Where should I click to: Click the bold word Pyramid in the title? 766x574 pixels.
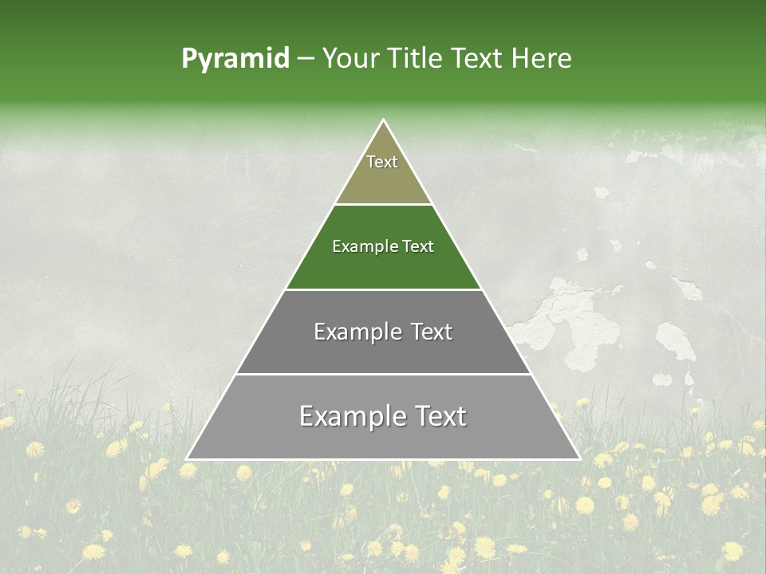click(235, 59)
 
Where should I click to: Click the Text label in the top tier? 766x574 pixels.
click(382, 162)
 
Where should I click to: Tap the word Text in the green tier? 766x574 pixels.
click(419, 247)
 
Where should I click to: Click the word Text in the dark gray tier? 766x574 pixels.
click(432, 332)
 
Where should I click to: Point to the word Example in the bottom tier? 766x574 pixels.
click(346, 416)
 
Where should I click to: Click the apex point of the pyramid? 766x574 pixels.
click(384, 120)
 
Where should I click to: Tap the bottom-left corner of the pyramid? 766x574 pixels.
click(188, 458)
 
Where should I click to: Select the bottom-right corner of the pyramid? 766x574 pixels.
click(579, 458)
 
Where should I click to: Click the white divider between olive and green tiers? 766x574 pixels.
click(384, 204)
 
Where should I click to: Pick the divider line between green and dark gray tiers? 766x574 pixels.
click(384, 289)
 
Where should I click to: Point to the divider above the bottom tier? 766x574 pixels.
click(384, 374)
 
